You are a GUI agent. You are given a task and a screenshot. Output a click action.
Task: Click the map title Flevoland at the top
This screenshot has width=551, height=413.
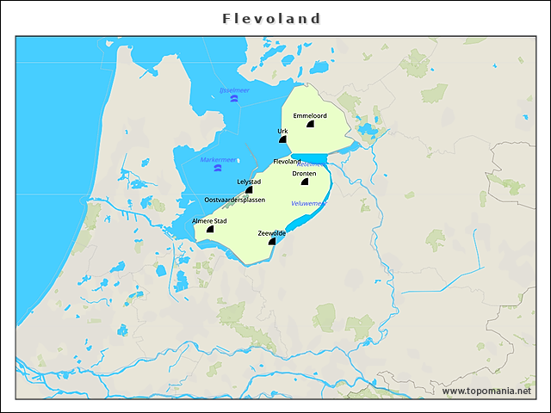click(x=271, y=18)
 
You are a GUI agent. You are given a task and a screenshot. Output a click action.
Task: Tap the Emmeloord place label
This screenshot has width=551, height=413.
click(x=309, y=115)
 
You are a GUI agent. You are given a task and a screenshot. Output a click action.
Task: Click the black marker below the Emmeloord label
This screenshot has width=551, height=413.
click(x=310, y=125)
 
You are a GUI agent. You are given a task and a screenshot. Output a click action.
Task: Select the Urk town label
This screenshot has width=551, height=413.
click(x=282, y=132)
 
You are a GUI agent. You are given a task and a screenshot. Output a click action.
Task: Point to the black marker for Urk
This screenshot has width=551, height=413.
click(x=282, y=139)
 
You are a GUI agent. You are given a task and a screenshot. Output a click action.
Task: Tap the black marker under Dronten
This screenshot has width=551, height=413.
click(x=305, y=182)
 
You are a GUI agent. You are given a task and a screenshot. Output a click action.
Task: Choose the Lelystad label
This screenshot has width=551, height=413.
click(x=249, y=182)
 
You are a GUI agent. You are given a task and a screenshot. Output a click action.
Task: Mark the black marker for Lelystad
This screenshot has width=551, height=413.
click(x=249, y=190)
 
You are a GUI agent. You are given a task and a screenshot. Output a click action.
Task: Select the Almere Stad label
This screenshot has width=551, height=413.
click(x=209, y=221)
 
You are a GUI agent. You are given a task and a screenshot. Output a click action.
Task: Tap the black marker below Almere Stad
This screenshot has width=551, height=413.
click(x=210, y=230)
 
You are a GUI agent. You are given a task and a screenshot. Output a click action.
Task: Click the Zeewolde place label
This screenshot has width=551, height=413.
click(x=272, y=233)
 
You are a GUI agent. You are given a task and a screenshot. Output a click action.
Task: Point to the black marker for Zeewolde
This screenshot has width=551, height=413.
click(x=272, y=242)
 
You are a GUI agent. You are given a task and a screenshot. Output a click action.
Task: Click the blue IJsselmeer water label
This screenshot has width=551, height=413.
click(x=234, y=89)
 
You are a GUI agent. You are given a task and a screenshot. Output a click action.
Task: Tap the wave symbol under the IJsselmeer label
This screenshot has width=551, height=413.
click(x=234, y=99)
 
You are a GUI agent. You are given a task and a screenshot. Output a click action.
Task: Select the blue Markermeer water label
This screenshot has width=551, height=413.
click(x=217, y=159)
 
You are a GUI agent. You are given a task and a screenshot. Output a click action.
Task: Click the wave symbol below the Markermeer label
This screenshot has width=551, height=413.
click(x=217, y=169)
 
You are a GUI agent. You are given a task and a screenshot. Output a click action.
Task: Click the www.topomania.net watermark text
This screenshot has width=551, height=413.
click(x=486, y=391)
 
